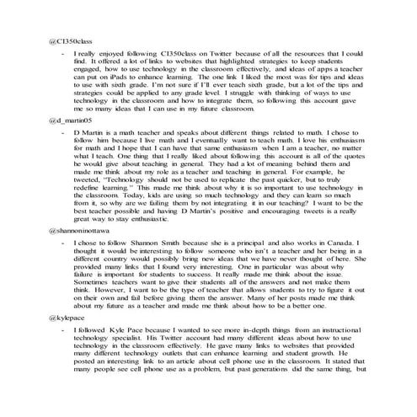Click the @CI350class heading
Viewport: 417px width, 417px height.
point(69,40)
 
